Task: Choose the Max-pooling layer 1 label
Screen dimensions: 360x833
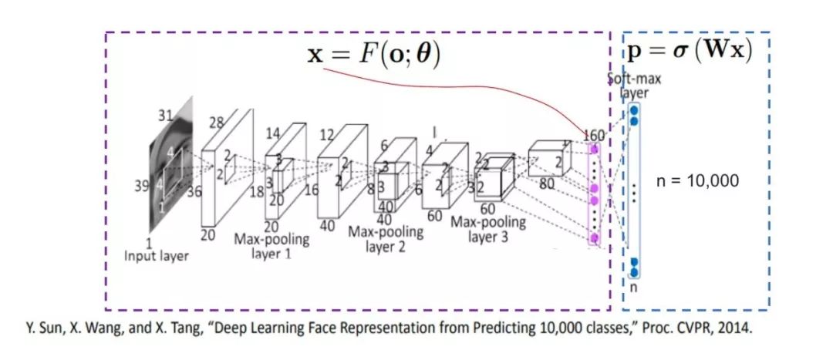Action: pos(271,245)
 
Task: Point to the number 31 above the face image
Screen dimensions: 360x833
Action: pos(166,116)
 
